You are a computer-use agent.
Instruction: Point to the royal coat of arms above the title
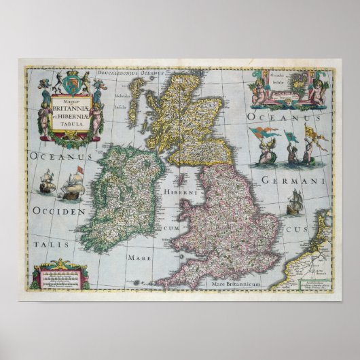click(x=70, y=84)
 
